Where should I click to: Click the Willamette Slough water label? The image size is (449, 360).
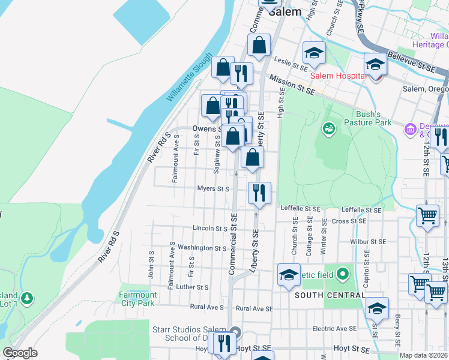189,76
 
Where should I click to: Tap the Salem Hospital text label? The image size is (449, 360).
338,76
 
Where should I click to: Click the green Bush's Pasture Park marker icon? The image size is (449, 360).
328,128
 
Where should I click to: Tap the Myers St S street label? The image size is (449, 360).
214,189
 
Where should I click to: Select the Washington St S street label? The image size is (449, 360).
202,248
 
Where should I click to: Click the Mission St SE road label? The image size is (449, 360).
292,85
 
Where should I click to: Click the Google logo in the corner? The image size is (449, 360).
20,353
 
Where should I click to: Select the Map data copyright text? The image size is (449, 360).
423,355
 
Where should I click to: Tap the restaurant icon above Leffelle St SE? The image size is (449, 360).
259,193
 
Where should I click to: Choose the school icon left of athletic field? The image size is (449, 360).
289,274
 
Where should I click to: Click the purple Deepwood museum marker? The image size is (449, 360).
411,128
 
